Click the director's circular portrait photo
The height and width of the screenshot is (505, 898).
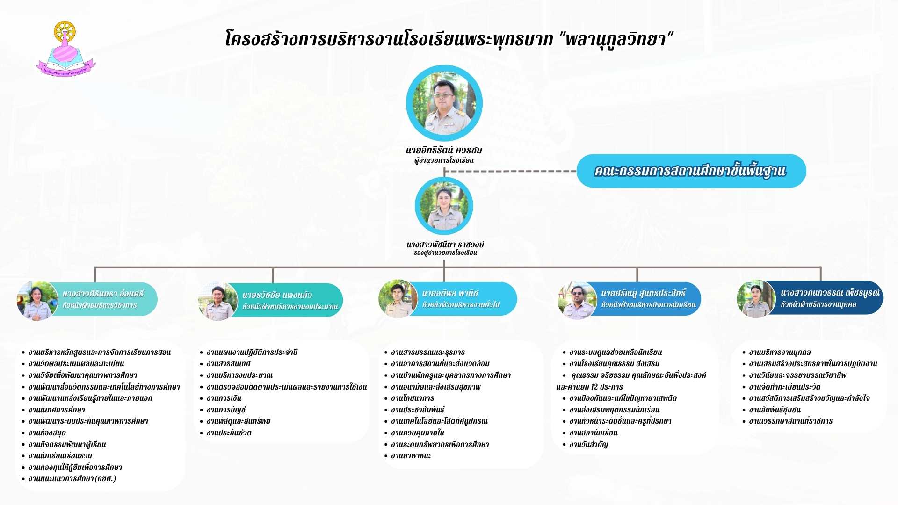(444, 103)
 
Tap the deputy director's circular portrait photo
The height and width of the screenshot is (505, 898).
(444, 206)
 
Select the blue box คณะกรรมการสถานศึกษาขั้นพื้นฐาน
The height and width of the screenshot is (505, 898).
(691, 171)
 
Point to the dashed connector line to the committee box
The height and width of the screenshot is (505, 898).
(510, 171)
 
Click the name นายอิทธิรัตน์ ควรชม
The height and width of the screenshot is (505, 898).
(444, 150)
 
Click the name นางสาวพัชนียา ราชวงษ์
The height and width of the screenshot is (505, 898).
(445, 245)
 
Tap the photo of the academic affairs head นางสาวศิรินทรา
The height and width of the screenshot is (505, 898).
(37, 301)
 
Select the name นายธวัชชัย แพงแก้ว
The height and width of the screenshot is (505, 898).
(277, 295)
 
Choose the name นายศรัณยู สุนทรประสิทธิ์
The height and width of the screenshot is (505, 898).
(643, 293)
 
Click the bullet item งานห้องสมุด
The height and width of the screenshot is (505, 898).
(47, 433)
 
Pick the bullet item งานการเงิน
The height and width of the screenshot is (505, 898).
(224, 398)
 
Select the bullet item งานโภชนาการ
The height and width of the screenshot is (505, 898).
(413, 398)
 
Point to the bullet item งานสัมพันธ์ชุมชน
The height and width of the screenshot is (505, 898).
(775, 410)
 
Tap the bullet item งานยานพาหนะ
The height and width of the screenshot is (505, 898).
(411, 456)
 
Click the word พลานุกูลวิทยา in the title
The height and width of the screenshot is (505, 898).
(616, 39)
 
